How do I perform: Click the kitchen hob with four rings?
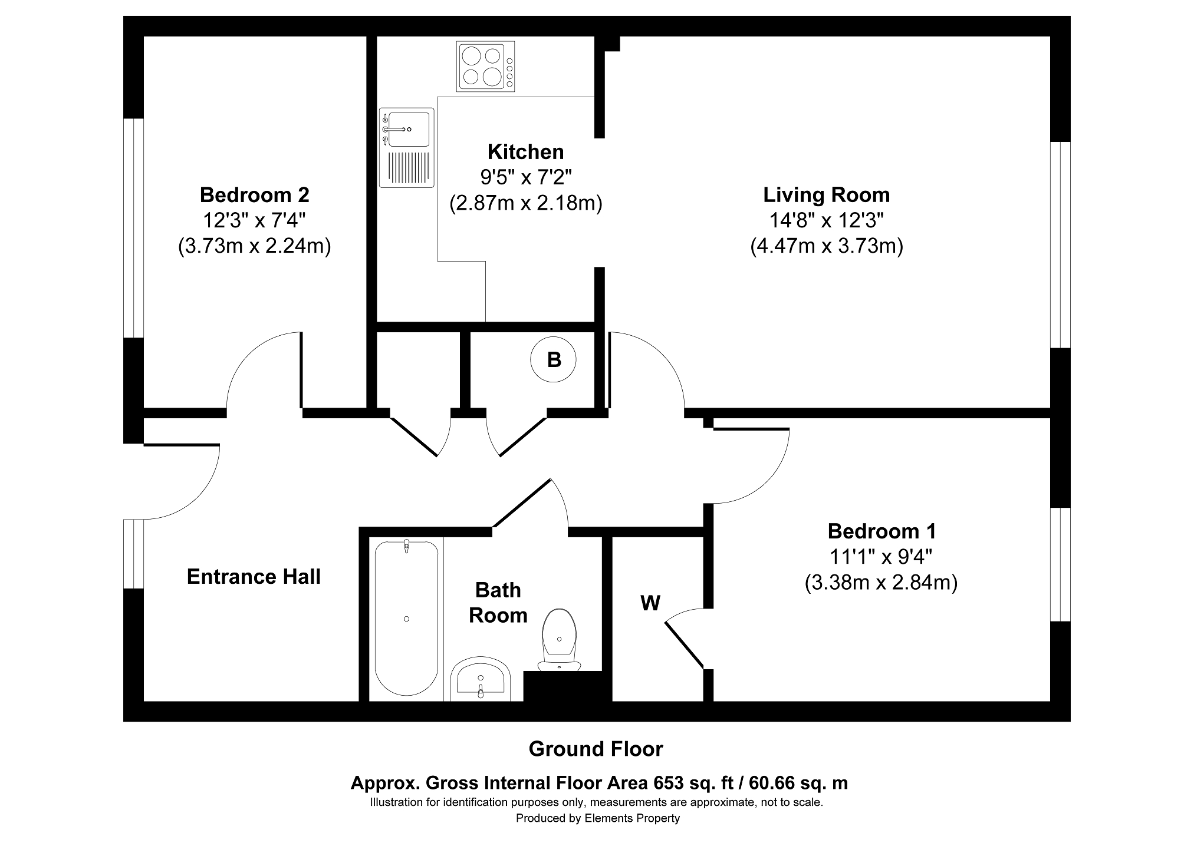coord(485,67)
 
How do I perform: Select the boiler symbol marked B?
coord(554,359)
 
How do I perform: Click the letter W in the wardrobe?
coord(650,603)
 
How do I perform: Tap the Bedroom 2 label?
coord(254,194)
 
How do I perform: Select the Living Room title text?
coord(826,194)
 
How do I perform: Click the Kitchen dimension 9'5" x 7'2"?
coord(525,177)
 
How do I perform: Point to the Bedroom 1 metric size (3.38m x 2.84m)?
coord(881,583)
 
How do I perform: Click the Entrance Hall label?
coord(254,577)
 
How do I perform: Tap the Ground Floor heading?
coord(596,749)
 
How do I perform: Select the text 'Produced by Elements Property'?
coord(597,818)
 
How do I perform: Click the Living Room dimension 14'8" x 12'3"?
coord(826,220)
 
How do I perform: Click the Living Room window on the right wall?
coord(1060,244)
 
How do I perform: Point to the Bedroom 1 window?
coord(1060,564)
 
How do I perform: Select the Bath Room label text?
coord(498,603)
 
